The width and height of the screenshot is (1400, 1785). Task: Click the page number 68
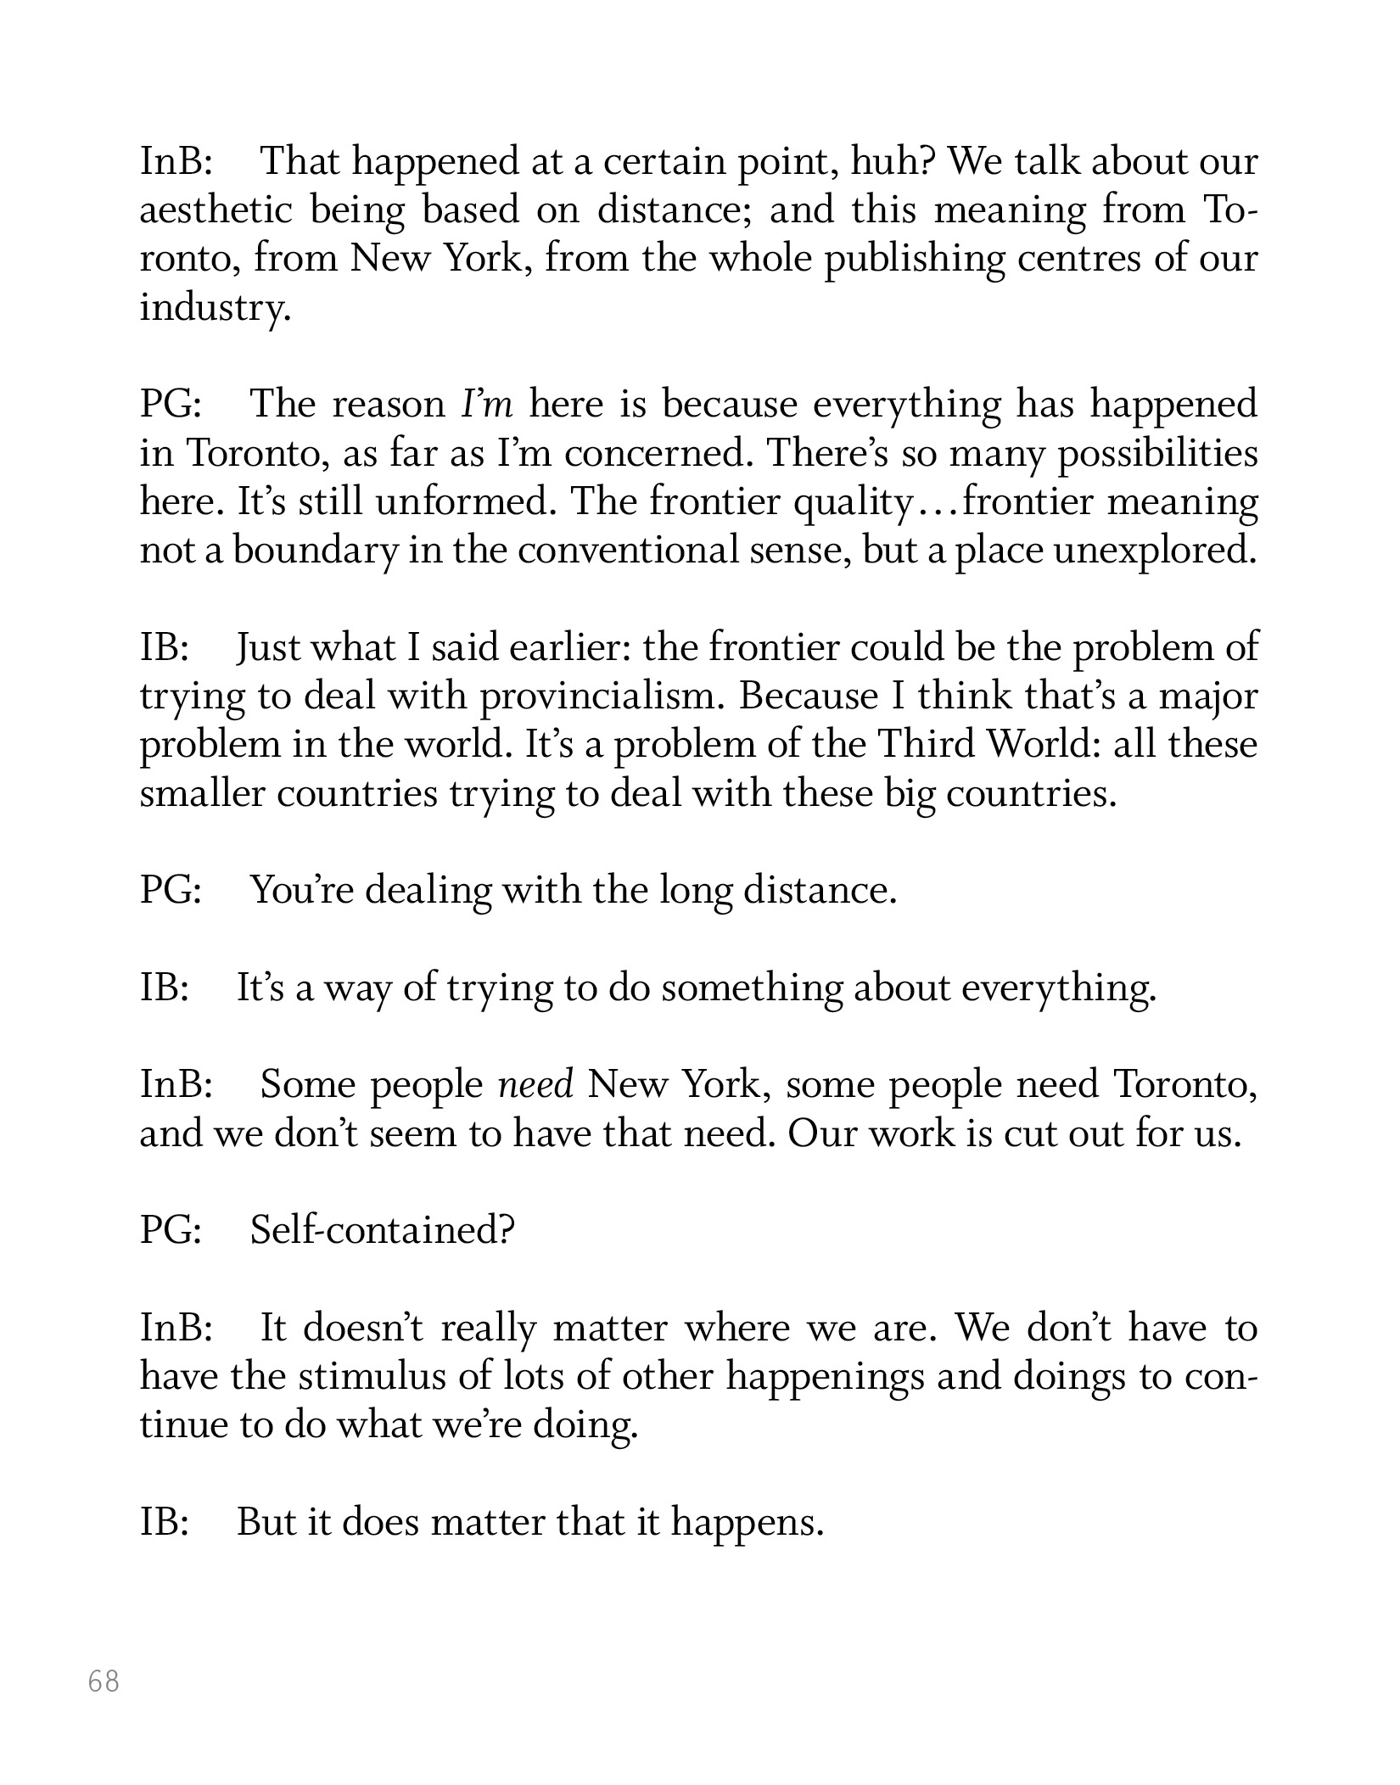[104, 1681]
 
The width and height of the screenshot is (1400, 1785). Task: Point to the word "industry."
[216, 307]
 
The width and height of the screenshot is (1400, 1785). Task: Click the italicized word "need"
[536, 1085]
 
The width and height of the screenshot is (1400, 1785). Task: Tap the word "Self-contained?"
[383, 1229]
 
